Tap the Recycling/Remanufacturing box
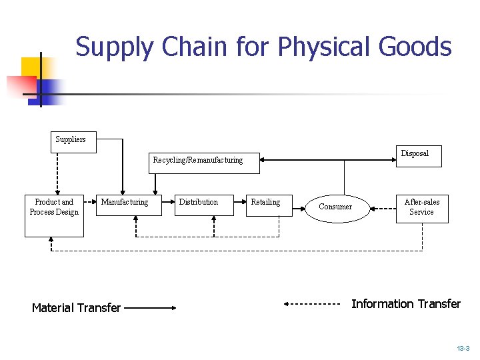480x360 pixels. coord(197,163)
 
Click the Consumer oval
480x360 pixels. coord(335,207)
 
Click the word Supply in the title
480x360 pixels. coord(115,48)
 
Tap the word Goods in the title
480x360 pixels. coord(415,48)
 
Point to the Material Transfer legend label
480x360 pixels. coord(76,308)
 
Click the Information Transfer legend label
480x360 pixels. coord(405,304)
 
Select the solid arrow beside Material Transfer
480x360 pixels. coord(149,308)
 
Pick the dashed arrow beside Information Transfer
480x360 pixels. coord(312,304)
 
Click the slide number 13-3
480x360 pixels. coord(463,349)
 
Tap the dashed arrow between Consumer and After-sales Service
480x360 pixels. coord(383,208)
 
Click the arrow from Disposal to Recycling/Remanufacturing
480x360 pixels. coord(327,160)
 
